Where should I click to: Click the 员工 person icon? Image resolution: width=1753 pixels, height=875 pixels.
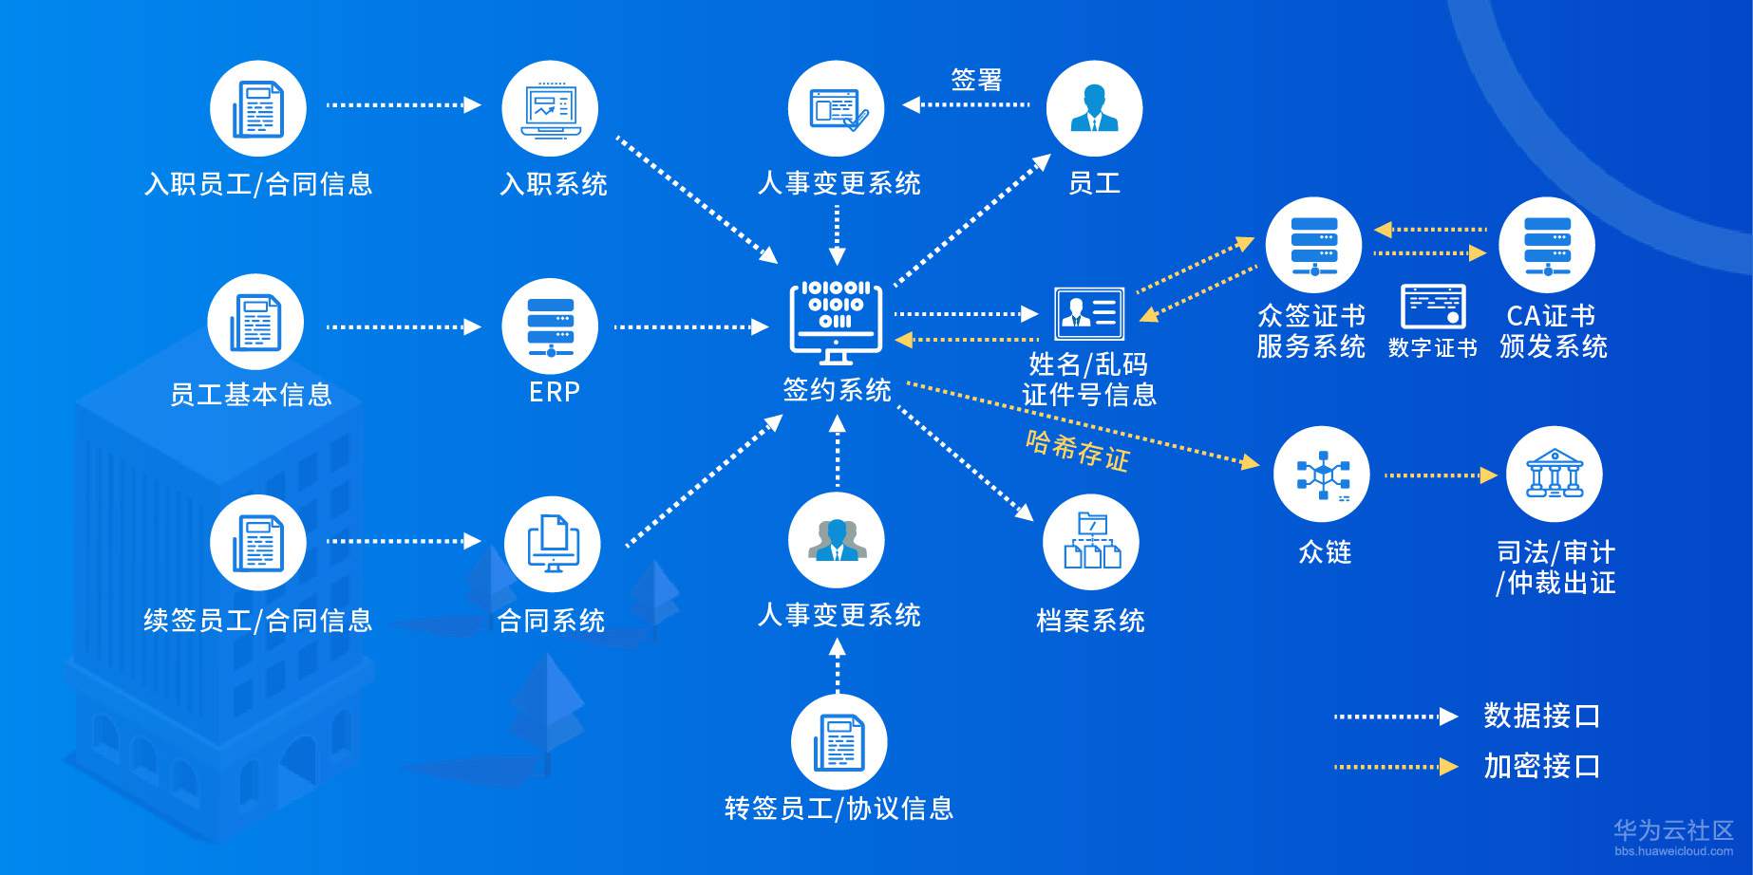tap(1094, 109)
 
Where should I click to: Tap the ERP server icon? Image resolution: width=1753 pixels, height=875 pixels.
tap(550, 326)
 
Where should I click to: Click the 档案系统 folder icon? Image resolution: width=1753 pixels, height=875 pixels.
tap(1091, 542)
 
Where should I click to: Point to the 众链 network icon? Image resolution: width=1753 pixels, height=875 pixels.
tap(1322, 474)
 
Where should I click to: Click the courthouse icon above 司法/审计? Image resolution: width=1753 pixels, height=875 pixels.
tap(1554, 474)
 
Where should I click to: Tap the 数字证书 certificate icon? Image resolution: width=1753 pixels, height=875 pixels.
tap(1433, 307)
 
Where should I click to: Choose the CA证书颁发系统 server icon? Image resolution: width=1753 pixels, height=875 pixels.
tap(1547, 245)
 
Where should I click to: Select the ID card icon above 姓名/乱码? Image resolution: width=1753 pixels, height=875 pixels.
tap(1089, 313)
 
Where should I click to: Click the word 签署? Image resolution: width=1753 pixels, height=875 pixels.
tap(977, 80)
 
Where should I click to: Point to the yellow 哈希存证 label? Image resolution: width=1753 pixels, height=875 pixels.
tap(1078, 450)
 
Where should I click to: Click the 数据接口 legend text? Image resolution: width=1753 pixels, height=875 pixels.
tap(1542, 716)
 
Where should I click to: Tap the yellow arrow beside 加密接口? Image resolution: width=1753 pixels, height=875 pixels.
tap(1396, 766)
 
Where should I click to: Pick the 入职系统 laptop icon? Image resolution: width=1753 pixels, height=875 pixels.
tap(550, 109)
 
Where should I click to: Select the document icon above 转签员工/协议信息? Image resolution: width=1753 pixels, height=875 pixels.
tap(839, 742)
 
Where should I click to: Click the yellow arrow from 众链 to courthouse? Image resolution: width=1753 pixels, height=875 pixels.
tap(1442, 475)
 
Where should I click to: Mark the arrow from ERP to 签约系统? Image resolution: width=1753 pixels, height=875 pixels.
tap(691, 327)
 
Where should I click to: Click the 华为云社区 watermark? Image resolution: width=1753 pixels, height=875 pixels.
tap(1674, 830)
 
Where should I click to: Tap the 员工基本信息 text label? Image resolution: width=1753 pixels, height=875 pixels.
tap(251, 394)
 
